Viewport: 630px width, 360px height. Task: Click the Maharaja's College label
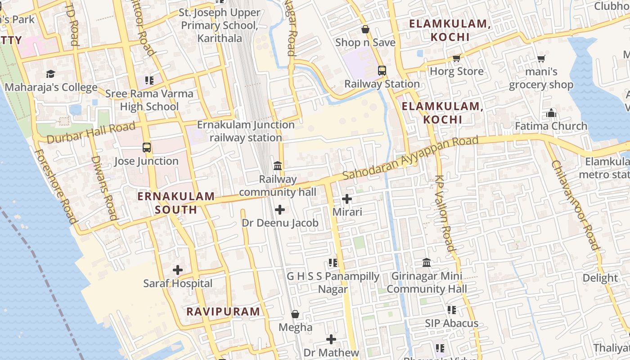(51, 87)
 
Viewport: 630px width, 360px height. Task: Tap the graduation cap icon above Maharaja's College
(50, 74)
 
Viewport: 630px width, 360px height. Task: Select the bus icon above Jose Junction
(146, 147)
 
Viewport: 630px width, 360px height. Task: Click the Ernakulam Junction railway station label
(246, 131)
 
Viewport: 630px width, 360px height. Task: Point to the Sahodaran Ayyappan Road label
(410, 159)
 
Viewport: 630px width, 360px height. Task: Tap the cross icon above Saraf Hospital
(178, 270)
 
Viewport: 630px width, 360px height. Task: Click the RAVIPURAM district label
(223, 311)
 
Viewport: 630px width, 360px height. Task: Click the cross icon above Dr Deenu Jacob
(280, 210)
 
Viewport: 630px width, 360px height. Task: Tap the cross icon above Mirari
(347, 198)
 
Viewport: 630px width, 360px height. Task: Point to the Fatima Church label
(551, 126)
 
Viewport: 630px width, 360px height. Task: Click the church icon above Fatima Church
(551, 113)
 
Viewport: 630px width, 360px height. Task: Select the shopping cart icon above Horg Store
(457, 58)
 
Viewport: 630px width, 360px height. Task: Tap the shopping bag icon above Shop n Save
(365, 29)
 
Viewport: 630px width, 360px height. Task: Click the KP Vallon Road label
(445, 213)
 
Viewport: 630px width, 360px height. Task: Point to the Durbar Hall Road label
(91, 132)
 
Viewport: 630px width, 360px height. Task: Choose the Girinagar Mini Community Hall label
(427, 282)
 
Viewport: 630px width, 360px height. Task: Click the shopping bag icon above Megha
(295, 314)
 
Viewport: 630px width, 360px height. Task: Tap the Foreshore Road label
(55, 186)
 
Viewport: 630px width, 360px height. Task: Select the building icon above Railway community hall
(278, 166)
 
